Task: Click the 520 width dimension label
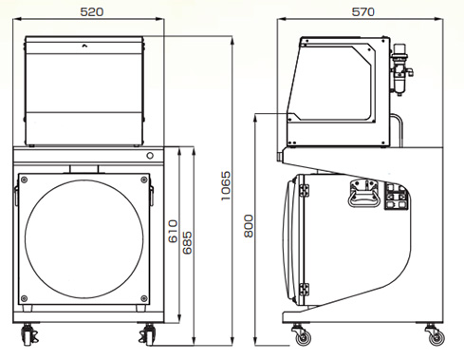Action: pyautogui.click(x=92, y=12)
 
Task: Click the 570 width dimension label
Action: pyautogui.click(x=362, y=12)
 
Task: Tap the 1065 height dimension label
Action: pyautogui.click(x=226, y=186)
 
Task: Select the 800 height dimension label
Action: pyautogui.click(x=249, y=226)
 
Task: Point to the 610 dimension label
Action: pyautogui.click(x=173, y=232)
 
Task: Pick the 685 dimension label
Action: pyautogui.click(x=187, y=243)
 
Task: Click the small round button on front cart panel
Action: pyautogui.click(x=150, y=156)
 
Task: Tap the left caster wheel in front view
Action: pyautogui.click(x=28, y=335)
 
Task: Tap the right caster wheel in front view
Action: pyautogui.click(x=147, y=335)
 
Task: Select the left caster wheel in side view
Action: pyautogui.click(x=303, y=336)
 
